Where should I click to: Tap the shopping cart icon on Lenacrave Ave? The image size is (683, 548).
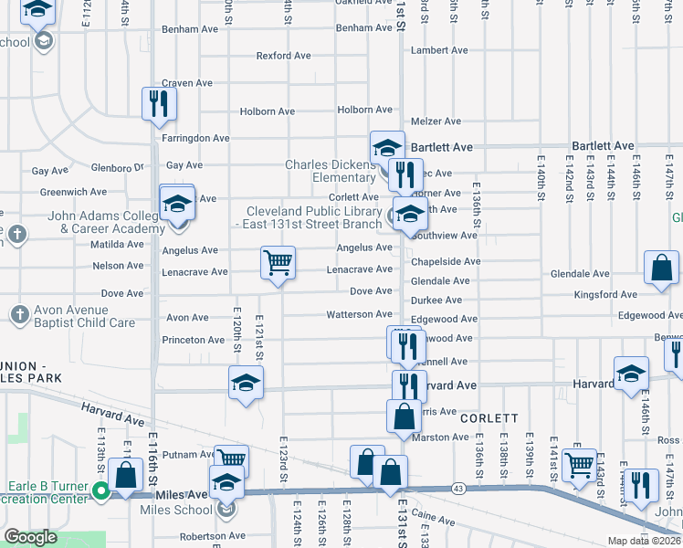(x=278, y=262)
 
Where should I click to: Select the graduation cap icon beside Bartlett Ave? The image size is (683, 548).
(x=387, y=147)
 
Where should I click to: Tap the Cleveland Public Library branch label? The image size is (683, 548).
(x=308, y=217)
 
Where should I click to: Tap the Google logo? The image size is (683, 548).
(x=30, y=537)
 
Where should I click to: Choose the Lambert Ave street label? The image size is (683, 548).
(x=439, y=50)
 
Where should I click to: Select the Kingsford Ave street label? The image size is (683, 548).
(x=605, y=295)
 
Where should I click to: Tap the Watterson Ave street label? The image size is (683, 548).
(x=359, y=314)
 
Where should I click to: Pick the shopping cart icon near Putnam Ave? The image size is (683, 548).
(x=231, y=459)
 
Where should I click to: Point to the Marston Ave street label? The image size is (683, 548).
(x=440, y=437)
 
